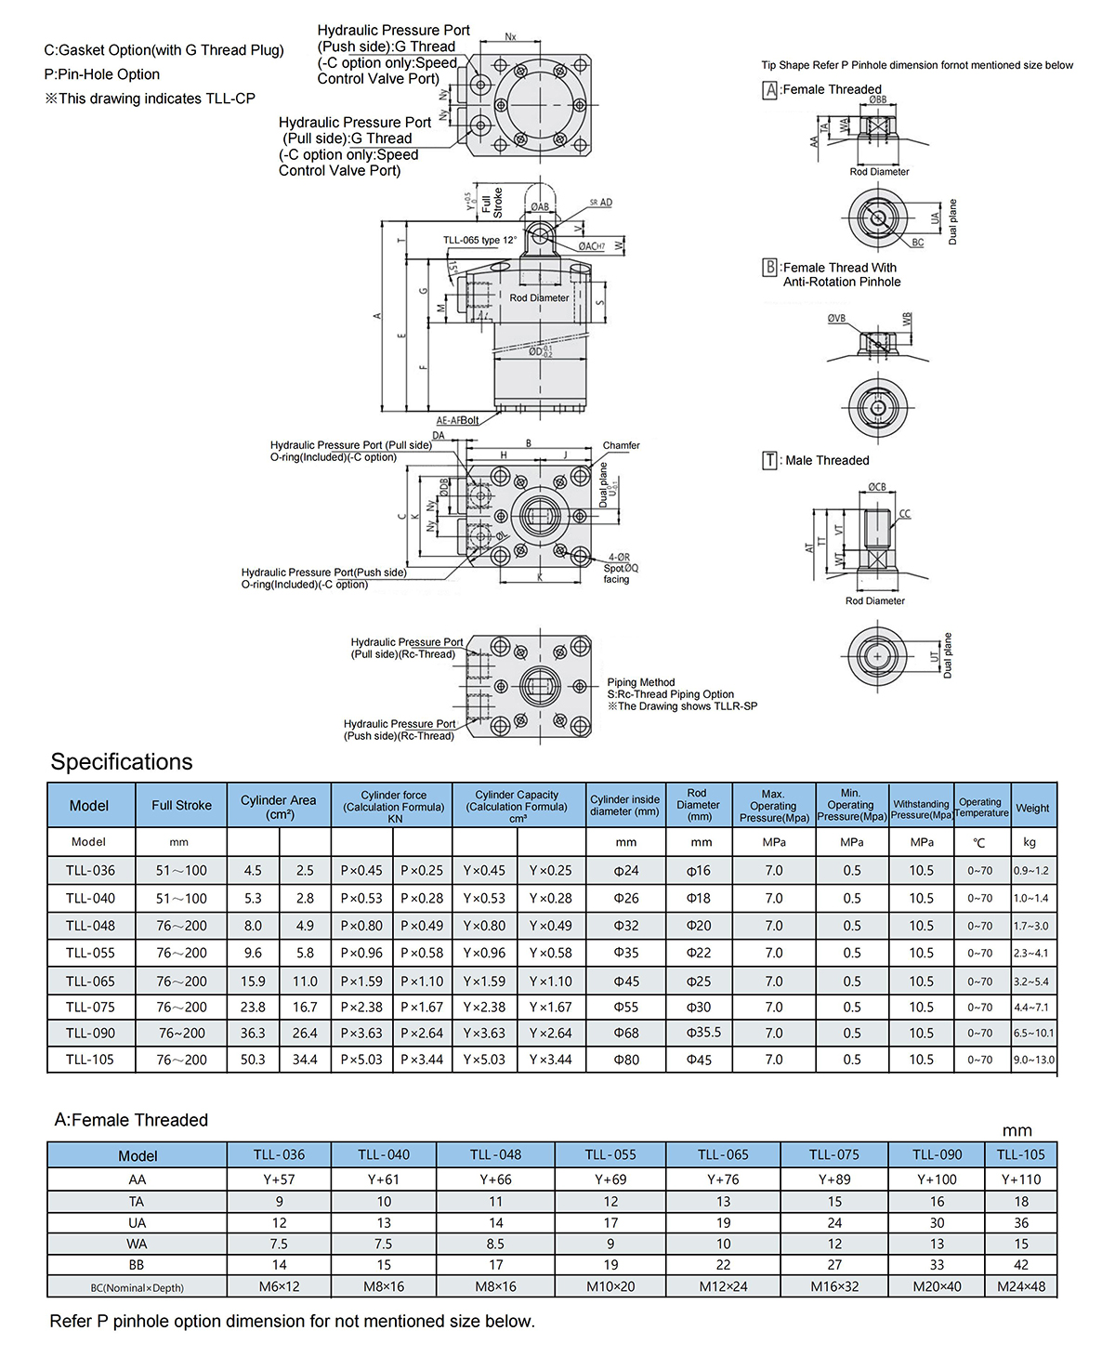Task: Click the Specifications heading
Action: click(122, 762)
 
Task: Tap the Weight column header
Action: click(1032, 808)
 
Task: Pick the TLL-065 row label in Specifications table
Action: click(90, 982)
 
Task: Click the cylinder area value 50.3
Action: click(253, 1060)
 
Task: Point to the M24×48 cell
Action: click(1021, 1287)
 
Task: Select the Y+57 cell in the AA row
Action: click(279, 1179)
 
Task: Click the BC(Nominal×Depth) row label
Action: click(137, 1287)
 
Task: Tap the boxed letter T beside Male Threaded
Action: click(769, 460)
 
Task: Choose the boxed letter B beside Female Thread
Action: click(769, 268)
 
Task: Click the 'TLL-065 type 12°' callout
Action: click(479, 241)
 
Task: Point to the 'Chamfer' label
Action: click(621, 445)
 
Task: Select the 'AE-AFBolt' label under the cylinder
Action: click(457, 420)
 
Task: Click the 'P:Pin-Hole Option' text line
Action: click(102, 74)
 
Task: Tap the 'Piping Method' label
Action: click(641, 682)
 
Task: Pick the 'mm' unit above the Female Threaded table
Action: click(1017, 1131)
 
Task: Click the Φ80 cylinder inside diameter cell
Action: click(626, 1060)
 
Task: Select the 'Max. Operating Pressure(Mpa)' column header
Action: click(773, 806)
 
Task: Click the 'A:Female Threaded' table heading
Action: click(131, 1120)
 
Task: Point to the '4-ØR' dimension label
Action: click(619, 558)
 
